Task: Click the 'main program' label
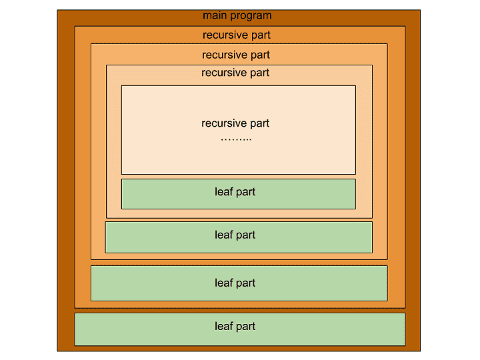[x=237, y=15]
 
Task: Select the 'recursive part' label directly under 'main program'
[x=237, y=35]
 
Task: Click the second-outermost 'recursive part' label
[x=236, y=55]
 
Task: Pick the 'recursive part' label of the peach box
[x=235, y=73]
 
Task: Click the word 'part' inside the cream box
[x=259, y=123]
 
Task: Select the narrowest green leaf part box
[x=238, y=193]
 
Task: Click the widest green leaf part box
[x=239, y=329]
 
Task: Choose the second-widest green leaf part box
[x=239, y=283]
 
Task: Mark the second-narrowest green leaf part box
[x=239, y=237]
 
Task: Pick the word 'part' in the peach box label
[x=259, y=73]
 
